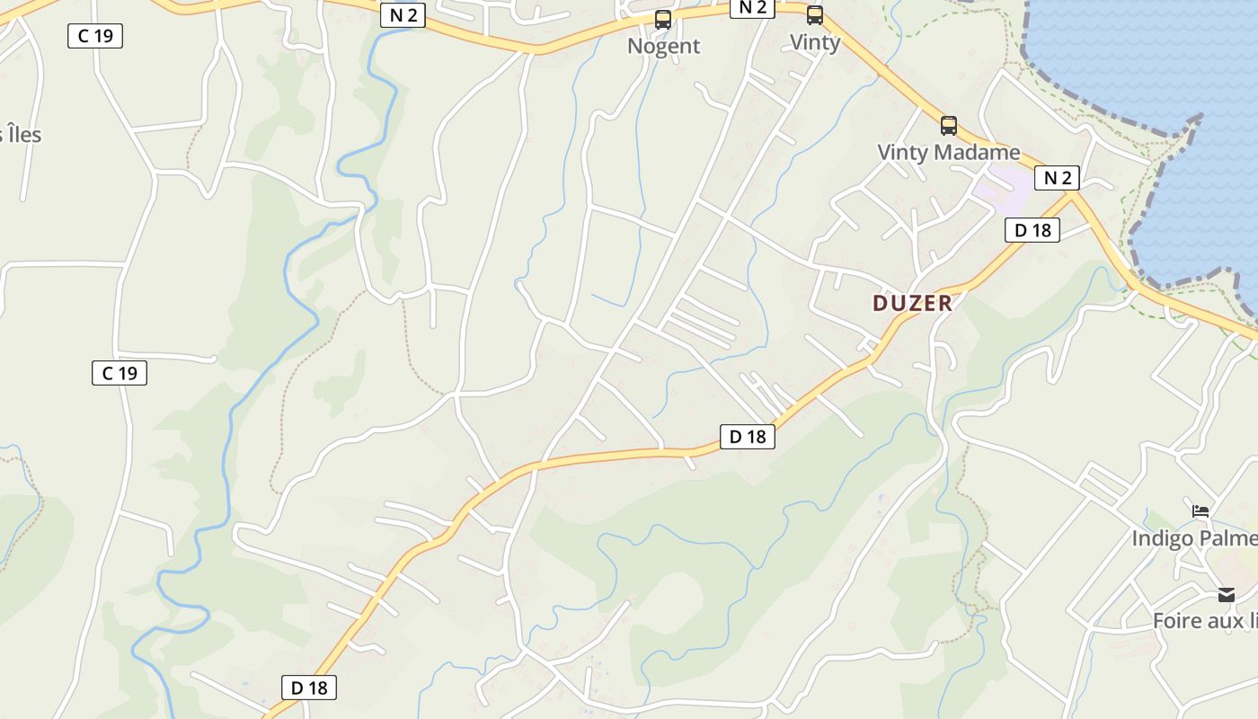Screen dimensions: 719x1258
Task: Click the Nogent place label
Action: coord(663,46)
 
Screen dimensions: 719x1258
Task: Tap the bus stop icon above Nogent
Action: coord(663,20)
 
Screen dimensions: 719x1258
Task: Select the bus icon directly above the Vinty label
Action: coord(815,15)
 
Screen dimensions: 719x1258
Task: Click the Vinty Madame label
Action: coord(948,152)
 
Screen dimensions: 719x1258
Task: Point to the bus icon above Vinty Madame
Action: coord(949,126)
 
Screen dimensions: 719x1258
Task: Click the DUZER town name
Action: coord(912,303)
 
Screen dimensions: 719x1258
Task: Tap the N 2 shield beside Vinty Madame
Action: coord(1057,177)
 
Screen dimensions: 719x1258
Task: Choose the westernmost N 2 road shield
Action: coord(403,15)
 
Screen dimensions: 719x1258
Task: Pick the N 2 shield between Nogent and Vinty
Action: coord(752,7)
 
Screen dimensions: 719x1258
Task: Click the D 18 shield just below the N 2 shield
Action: coord(1032,230)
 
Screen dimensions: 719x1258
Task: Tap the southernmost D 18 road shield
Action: coord(310,688)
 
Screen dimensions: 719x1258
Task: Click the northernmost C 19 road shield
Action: coord(95,36)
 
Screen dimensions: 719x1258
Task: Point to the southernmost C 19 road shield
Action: coord(120,373)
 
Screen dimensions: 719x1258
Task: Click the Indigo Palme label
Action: coord(1193,538)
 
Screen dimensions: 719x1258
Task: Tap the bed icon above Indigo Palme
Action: coord(1200,511)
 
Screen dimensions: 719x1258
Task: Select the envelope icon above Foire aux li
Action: coord(1227,595)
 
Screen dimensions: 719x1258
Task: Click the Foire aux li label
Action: coord(1204,620)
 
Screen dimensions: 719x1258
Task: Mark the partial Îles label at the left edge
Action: coord(20,135)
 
